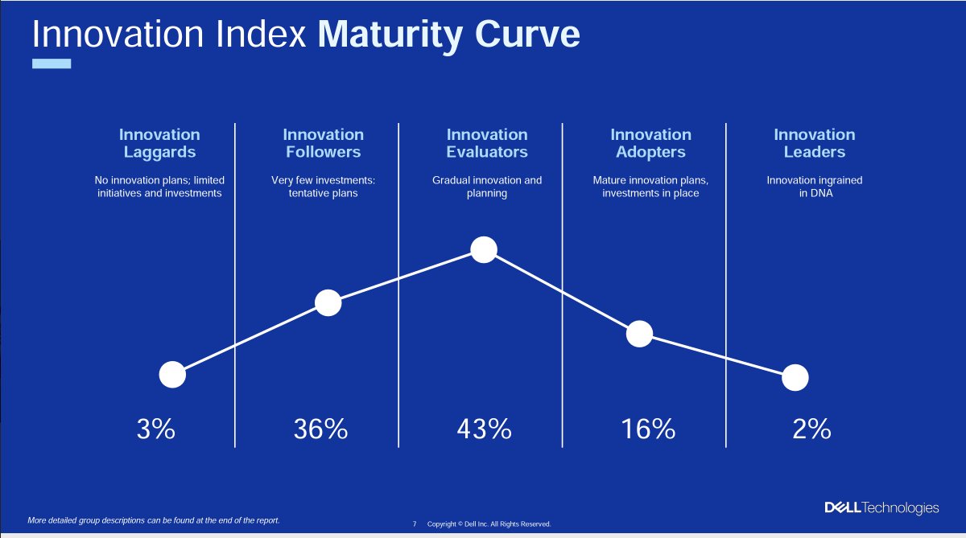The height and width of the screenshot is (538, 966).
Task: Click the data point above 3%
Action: pos(172,374)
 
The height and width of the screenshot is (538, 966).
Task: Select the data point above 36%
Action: pos(328,302)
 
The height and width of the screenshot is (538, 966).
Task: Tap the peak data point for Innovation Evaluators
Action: pos(483,249)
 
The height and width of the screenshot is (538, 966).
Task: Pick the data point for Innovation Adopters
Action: pos(639,334)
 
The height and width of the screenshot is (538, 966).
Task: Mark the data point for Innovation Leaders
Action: pos(795,377)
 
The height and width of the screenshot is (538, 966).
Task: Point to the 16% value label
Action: pos(647,429)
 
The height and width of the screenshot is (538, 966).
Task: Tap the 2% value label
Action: pos(811,429)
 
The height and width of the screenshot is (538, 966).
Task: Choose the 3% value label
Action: pos(155,429)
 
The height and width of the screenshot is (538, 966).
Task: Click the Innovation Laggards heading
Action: pos(159,143)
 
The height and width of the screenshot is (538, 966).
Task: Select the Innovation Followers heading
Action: pos(323,143)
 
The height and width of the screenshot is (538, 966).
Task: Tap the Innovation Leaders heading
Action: pos(814,143)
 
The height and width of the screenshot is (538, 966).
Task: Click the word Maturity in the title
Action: pos(392,35)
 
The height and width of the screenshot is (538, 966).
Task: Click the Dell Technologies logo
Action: pos(881,507)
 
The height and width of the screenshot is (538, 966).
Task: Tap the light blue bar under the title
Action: pos(51,64)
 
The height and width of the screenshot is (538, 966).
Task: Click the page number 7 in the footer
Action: pos(415,524)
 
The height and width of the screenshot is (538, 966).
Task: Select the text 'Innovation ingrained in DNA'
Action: pos(814,187)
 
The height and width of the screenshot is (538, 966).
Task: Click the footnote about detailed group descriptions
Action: pos(154,520)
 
